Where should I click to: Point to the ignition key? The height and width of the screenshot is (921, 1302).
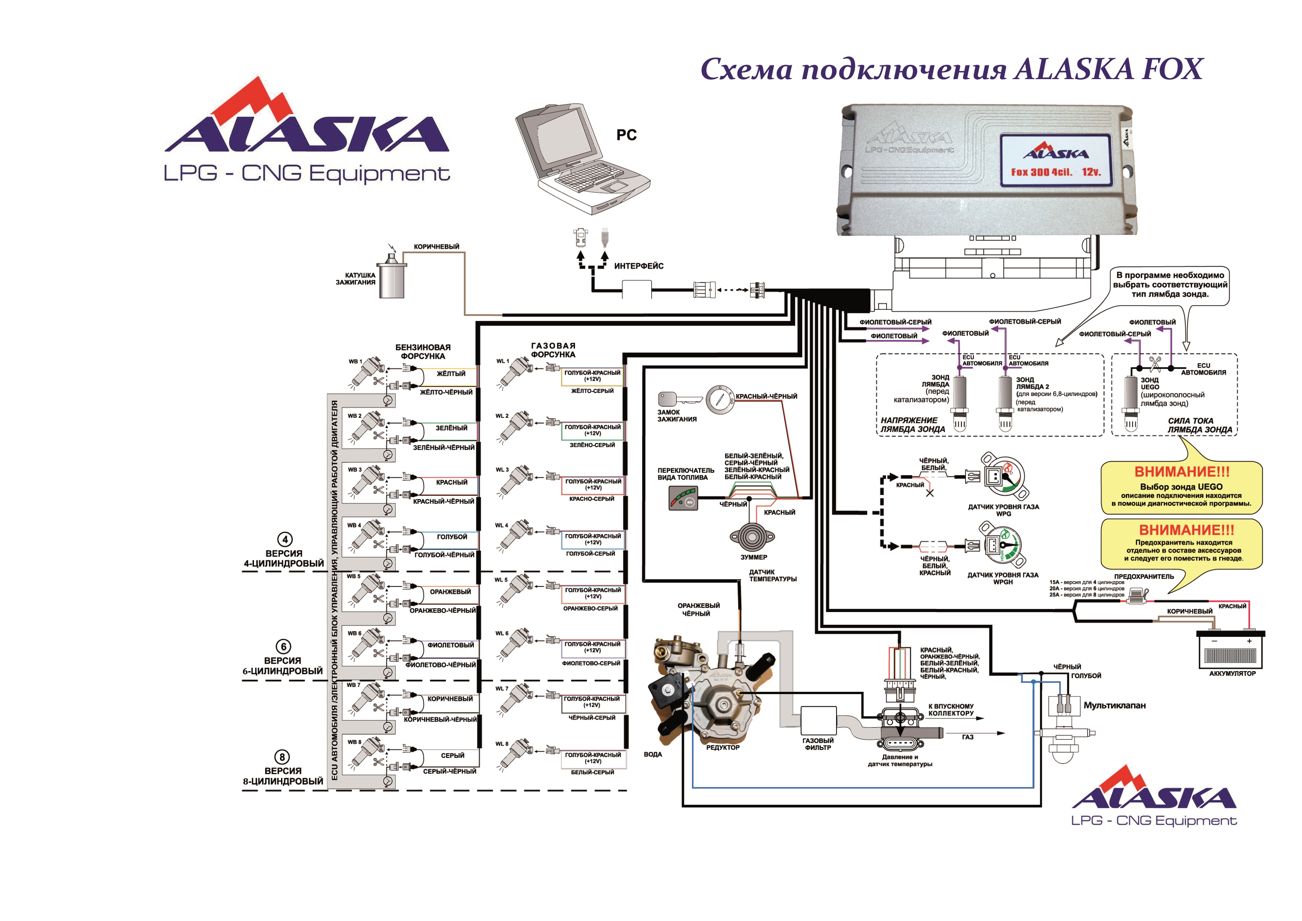679,399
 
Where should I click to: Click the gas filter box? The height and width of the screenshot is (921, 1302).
818,720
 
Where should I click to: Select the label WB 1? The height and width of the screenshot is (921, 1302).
355,361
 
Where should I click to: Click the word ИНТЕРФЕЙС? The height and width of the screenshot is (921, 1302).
639,266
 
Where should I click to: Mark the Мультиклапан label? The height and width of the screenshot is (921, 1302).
1114,706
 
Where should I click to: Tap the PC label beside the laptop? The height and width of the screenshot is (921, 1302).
627,135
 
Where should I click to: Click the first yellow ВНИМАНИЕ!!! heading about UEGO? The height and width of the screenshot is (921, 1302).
1181,472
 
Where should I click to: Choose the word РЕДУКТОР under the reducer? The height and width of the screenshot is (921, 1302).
722,748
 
